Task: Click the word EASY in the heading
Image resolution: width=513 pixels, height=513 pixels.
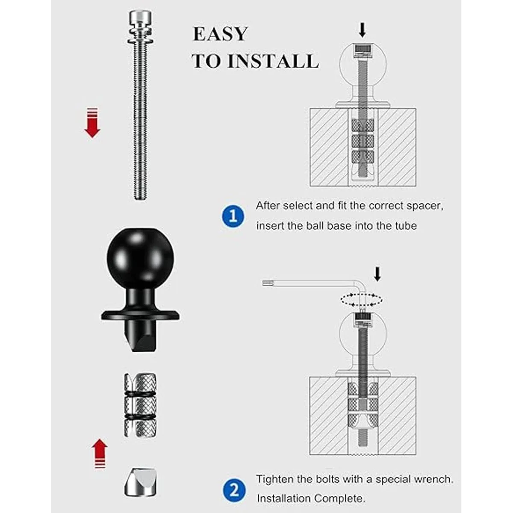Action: click(x=220, y=34)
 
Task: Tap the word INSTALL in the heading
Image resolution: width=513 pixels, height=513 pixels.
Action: click(x=273, y=61)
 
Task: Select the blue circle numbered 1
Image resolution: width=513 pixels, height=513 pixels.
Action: click(x=233, y=216)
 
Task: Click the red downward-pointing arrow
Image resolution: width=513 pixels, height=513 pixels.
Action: click(x=92, y=123)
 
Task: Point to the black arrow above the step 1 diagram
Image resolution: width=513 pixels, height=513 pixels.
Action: click(x=362, y=29)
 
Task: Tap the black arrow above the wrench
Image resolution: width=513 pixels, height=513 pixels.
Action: click(x=377, y=274)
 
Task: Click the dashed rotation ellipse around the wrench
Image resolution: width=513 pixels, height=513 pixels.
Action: click(x=362, y=300)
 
